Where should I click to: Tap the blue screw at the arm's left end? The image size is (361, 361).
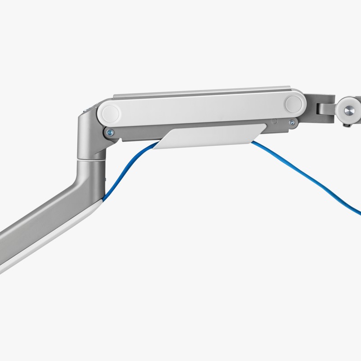(110, 132)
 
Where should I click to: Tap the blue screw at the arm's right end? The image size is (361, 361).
(292, 122)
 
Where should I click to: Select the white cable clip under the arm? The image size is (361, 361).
(208, 136)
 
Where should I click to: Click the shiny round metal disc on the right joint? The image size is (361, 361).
(349, 111)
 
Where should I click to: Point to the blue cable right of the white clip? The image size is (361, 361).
(307, 176)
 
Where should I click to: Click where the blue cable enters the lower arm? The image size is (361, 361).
(105, 197)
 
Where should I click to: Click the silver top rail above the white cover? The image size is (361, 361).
(203, 96)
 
